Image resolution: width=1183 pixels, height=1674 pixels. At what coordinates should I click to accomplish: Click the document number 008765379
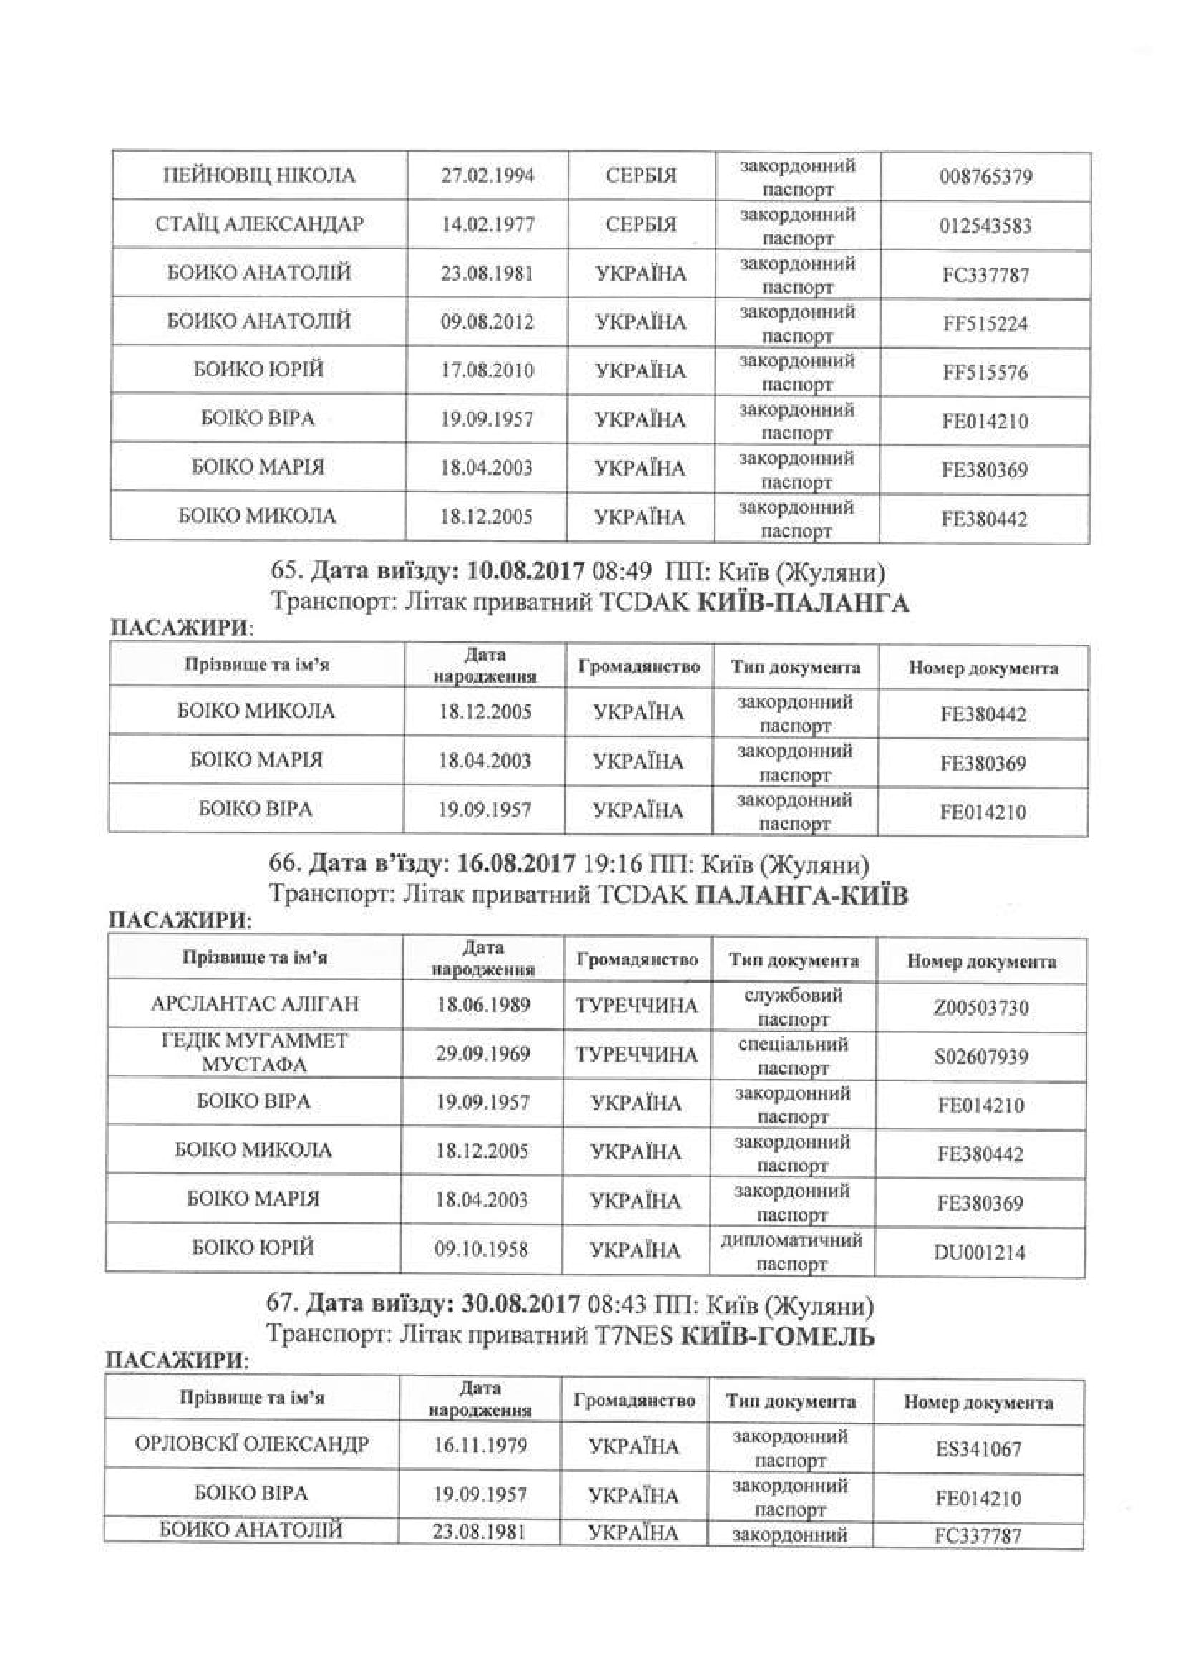click(985, 177)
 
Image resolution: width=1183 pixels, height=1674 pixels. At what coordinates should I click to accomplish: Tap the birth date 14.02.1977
click(487, 224)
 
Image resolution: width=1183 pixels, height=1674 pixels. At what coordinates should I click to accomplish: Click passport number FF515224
click(985, 323)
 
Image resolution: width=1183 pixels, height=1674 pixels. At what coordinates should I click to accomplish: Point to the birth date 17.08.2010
click(487, 371)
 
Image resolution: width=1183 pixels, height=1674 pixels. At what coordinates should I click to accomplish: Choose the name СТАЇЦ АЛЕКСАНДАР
click(259, 224)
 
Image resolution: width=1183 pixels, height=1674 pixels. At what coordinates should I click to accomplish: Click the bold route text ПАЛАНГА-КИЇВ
click(802, 895)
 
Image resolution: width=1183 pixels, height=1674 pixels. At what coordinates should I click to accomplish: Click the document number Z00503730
click(981, 1008)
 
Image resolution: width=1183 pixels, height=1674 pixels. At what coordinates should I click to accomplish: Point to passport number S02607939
click(981, 1056)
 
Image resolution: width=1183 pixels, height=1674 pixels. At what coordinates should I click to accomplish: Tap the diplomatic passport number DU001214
click(980, 1253)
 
